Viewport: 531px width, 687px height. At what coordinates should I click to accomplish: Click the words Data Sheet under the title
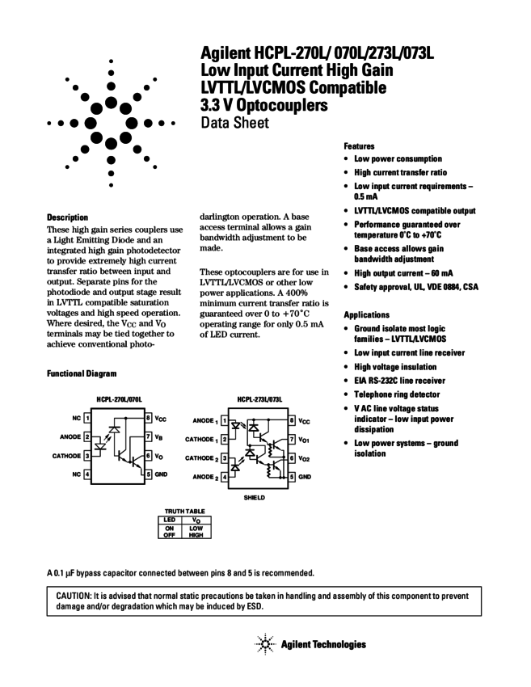[234, 123]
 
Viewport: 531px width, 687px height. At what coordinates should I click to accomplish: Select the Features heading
[359, 146]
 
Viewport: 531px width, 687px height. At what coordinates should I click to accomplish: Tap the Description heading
[68, 217]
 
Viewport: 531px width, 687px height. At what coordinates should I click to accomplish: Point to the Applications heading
[367, 314]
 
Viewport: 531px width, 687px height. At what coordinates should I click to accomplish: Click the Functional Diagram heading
[82, 373]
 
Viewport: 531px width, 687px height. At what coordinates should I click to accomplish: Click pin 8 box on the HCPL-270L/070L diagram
[149, 419]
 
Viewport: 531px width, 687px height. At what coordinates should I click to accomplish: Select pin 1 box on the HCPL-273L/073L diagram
[224, 420]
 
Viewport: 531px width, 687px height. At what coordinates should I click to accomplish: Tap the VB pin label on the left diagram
[162, 437]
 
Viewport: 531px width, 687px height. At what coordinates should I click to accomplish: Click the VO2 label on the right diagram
[306, 457]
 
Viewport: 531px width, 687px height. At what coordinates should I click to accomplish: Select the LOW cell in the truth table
[196, 528]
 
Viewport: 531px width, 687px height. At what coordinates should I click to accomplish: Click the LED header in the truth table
[170, 520]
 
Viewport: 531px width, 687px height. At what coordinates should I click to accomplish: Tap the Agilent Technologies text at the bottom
[323, 644]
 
